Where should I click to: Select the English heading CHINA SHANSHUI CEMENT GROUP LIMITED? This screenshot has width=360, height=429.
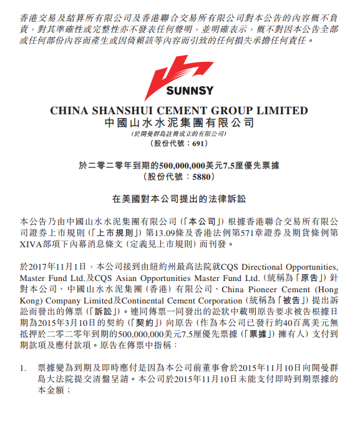178,111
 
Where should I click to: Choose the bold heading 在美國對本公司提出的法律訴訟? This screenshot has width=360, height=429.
179,199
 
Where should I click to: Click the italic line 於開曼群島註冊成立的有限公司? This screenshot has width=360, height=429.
178,134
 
